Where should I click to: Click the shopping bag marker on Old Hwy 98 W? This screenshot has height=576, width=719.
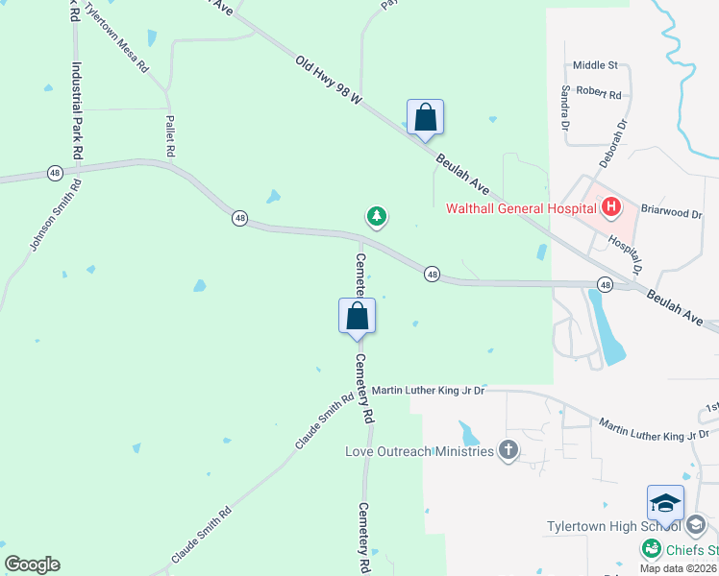[x=425, y=118]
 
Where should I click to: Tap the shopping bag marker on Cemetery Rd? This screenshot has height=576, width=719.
[x=357, y=315]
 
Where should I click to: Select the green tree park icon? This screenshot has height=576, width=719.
[x=377, y=217]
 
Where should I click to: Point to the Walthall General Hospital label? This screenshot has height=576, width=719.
[x=521, y=207]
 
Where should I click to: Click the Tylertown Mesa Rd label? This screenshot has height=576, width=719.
[x=117, y=38]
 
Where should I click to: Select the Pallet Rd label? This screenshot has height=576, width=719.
[x=169, y=135]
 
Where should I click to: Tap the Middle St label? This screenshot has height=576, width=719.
[x=594, y=65]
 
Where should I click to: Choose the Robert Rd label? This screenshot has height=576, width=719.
[x=599, y=95]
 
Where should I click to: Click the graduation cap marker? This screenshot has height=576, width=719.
[x=665, y=503]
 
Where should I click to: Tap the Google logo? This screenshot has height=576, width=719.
[x=32, y=564]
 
